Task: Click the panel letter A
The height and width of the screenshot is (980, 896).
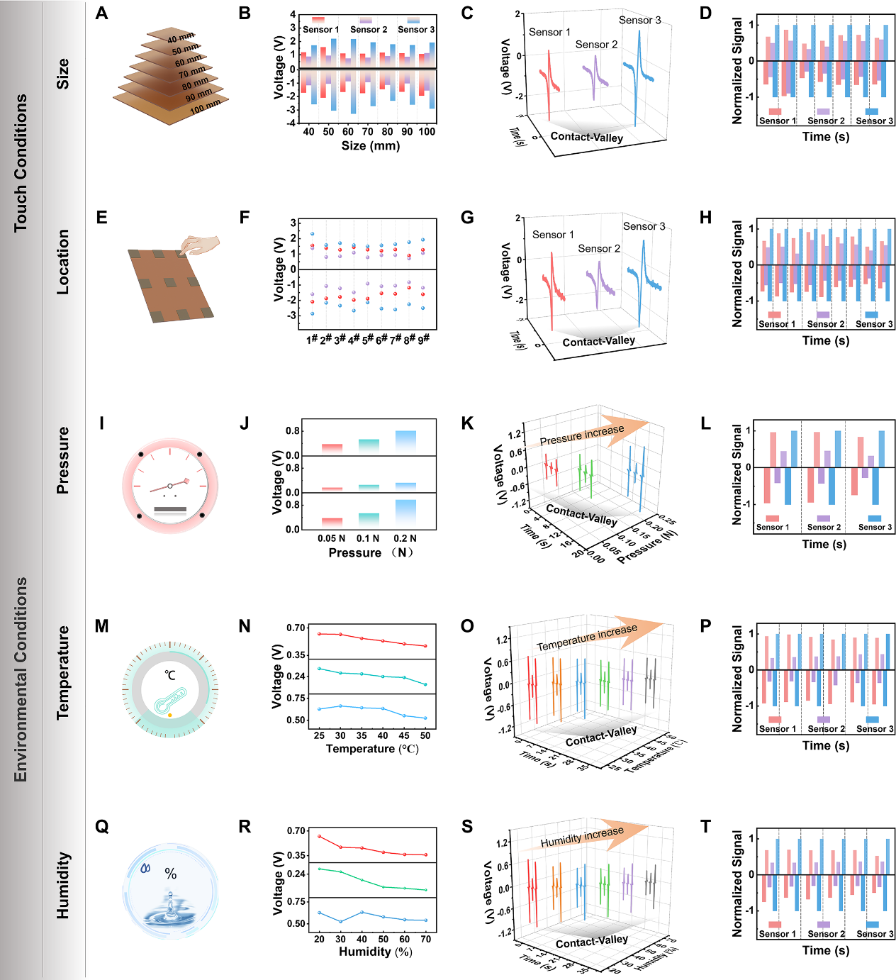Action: tap(101, 13)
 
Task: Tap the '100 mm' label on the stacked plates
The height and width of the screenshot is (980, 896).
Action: tap(206, 107)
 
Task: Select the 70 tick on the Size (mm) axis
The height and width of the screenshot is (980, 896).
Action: tap(367, 131)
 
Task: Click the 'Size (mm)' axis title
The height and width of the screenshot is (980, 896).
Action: tap(370, 145)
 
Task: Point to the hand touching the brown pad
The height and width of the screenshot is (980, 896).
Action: tap(201, 245)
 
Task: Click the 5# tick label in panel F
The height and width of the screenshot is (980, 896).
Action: tap(367, 340)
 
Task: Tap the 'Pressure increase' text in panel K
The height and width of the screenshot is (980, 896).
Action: tap(582, 435)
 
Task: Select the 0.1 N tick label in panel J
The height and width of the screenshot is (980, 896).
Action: tap(367, 538)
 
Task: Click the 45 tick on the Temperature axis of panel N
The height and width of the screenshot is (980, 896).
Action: tap(404, 735)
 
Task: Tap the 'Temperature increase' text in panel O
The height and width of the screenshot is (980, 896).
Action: tap(586, 637)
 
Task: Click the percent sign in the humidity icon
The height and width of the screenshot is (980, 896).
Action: tap(171, 874)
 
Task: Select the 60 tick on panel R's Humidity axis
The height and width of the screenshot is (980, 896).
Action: tap(404, 939)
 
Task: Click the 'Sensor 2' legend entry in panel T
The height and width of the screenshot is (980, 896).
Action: tap(826, 934)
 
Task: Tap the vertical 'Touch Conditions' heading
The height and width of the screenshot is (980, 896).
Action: tap(21, 163)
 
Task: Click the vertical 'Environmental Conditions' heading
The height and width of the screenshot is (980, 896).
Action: tap(21, 679)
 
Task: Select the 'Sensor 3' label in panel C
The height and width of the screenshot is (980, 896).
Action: tap(639, 20)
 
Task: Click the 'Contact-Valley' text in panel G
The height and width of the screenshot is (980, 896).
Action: tap(598, 342)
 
